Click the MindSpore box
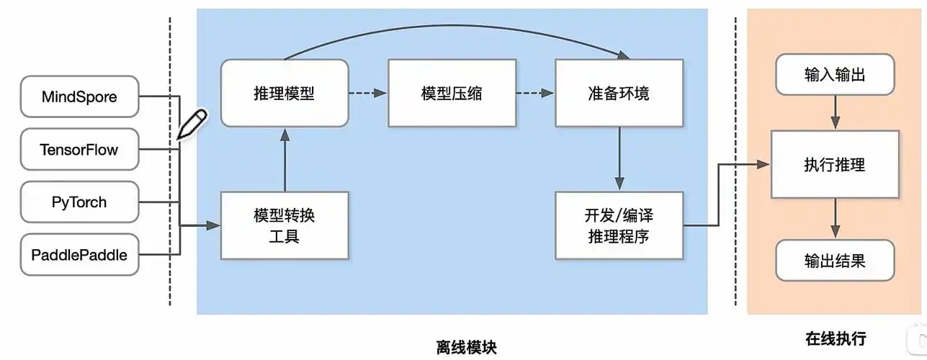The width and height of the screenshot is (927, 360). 79,96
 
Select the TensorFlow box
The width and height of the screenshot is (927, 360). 79,149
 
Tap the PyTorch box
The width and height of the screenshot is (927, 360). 79,202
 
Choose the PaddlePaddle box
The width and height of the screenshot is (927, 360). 79,254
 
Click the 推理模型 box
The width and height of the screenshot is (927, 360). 285,93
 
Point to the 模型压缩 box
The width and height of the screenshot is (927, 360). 452,93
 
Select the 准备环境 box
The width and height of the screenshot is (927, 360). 619,93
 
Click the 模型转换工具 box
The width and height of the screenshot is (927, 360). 285,225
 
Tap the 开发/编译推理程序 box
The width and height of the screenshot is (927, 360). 619,225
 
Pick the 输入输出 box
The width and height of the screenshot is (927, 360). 835,74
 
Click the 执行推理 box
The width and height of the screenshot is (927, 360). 835,165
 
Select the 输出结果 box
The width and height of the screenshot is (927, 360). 835,260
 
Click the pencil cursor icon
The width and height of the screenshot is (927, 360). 192,124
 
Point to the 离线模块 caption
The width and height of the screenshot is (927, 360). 467,348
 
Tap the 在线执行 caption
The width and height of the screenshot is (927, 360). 836,338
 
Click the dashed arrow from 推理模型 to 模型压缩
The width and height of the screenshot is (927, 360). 368,93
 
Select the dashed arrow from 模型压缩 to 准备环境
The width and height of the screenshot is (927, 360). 535,93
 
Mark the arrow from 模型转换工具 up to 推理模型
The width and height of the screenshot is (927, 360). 285,160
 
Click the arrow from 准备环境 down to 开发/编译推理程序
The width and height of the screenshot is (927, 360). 619,158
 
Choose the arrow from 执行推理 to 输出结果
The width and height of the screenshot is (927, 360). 836,218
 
